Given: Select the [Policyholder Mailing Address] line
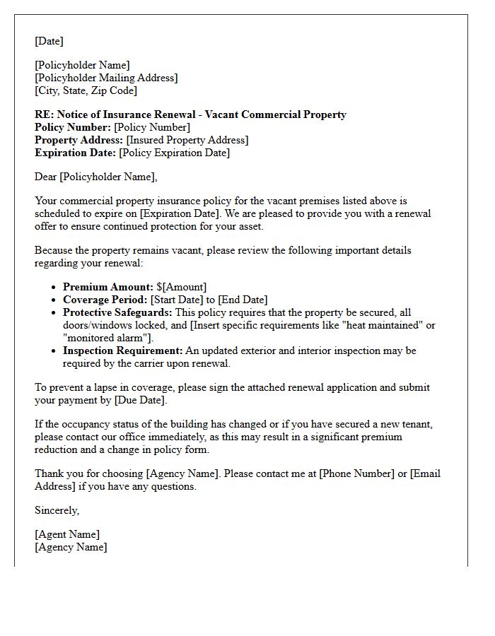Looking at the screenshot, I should pyautogui.click(x=106, y=78).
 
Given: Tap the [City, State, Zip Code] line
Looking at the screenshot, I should pyautogui.click(x=86, y=91).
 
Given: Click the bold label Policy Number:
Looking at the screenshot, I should pyautogui.click(x=73, y=128).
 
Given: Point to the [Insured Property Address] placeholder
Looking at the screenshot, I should pyautogui.click(x=187, y=141).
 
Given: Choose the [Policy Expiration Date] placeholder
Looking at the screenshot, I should pyautogui.click(x=174, y=153).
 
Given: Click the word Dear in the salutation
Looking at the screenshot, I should pyautogui.click(x=46, y=177).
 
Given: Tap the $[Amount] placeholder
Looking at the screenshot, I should pyautogui.click(x=182, y=288).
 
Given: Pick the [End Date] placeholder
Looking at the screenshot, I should pyautogui.click(x=242, y=300).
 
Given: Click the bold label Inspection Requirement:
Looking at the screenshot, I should pyautogui.click(x=122, y=351).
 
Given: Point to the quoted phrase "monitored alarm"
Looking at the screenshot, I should pyautogui.click(x=95, y=338).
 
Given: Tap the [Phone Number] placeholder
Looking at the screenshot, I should pyautogui.click(x=356, y=474).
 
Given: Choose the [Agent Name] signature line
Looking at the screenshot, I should pyautogui.click(x=67, y=535).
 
